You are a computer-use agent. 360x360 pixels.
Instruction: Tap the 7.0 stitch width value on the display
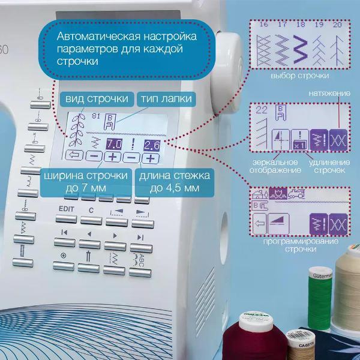[114, 143]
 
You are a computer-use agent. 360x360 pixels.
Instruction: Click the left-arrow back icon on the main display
[75, 158]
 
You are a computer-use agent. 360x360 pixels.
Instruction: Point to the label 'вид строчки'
[95, 98]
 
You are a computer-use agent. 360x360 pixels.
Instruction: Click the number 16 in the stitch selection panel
[263, 25]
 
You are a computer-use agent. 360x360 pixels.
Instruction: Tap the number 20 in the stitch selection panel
[337, 25]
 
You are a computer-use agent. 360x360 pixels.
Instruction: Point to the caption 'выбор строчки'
[300, 77]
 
